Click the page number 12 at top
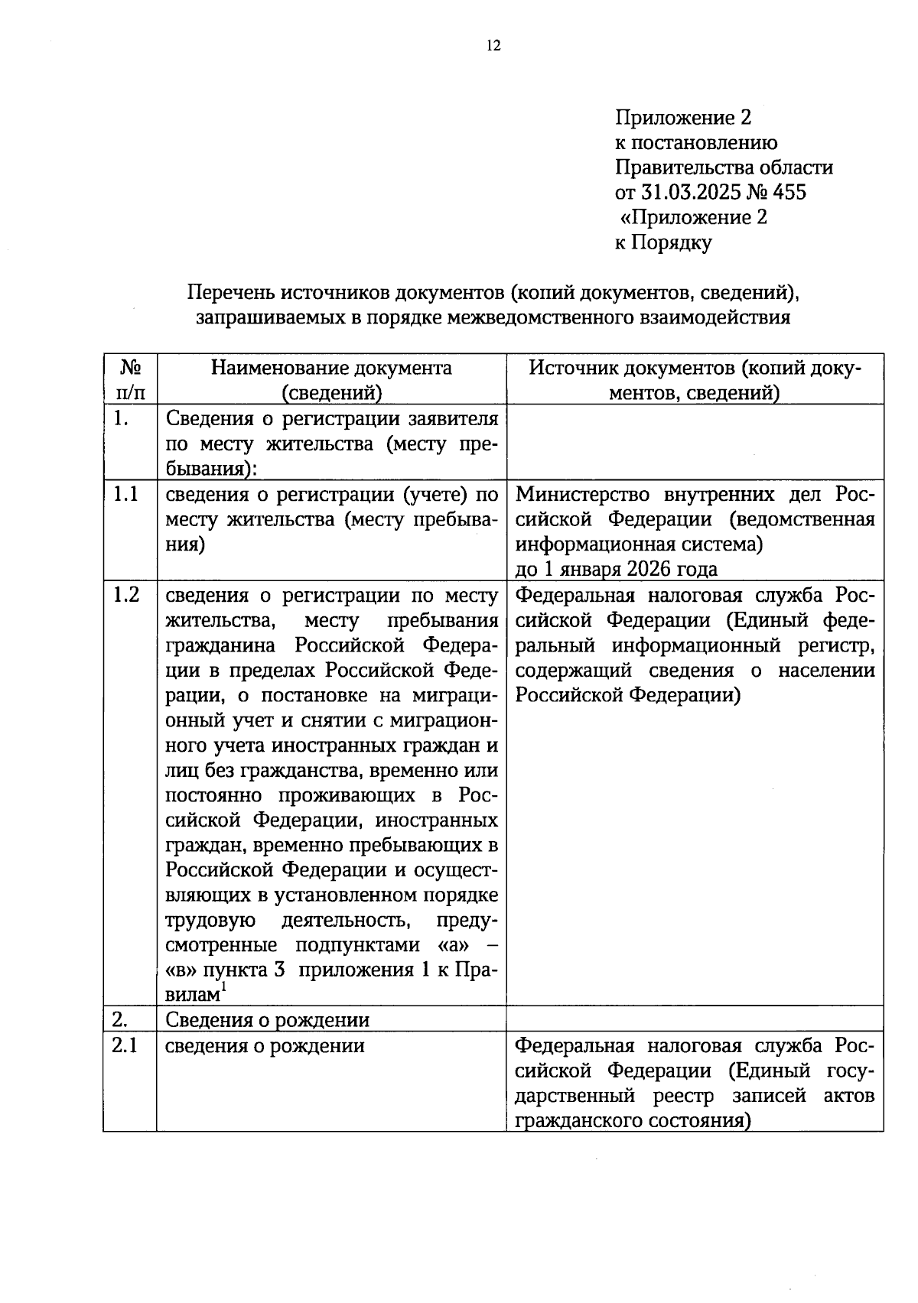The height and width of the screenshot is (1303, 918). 493,46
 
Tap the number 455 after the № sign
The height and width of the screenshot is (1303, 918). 789,191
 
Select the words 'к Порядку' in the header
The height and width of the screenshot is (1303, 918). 663,242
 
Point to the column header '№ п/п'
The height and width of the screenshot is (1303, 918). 129,379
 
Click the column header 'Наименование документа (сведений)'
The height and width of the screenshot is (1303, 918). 331,379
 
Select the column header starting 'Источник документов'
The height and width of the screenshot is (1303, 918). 695,379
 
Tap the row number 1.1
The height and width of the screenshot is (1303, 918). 125,494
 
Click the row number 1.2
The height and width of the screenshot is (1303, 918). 125,595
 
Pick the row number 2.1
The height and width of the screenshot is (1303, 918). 125,1045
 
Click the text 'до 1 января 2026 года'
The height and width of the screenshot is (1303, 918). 617,569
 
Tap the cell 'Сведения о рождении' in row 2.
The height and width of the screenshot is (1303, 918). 268,1019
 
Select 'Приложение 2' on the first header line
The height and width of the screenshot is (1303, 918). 683,118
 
